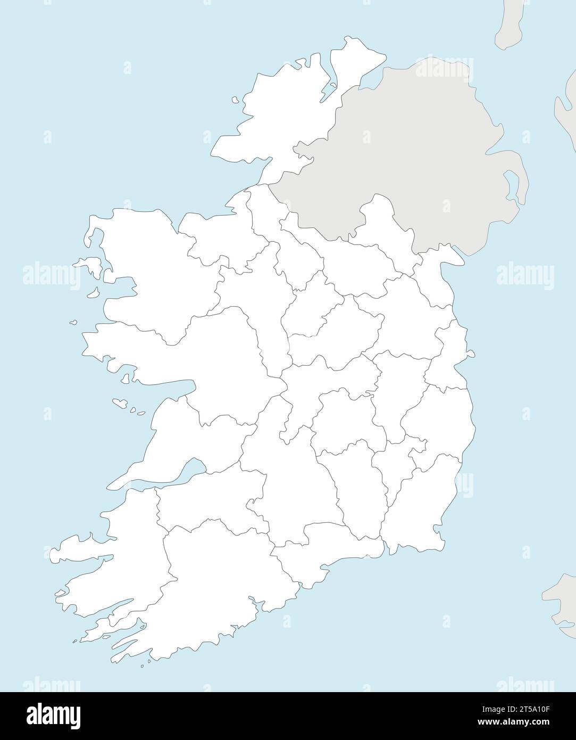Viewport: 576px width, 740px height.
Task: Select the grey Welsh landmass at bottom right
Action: tap(561, 596)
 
